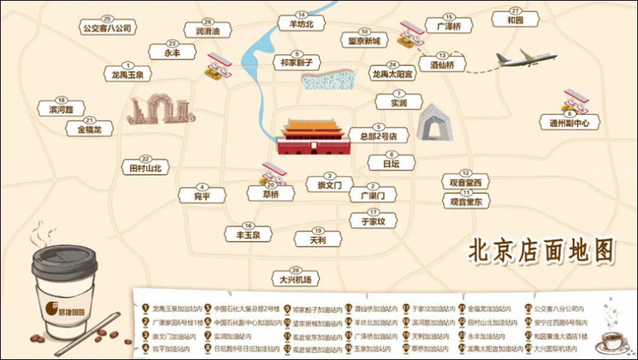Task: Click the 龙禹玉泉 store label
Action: pyautogui.click(x=128, y=75)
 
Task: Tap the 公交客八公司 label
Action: pyautogui.click(x=107, y=28)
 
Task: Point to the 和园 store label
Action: pyautogui.click(x=515, y=20)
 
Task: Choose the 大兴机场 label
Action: pyautogui.click(x=295, y=280)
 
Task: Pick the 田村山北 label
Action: pyautogui.click(x=146, y=169)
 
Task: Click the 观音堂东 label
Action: pyautogui.click(x=465, y=201)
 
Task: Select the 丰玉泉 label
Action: pyautogui.click(x=248, y=235)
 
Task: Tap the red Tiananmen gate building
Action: pyautogui.click(x=313, y=136)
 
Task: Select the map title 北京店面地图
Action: pyautogui.click(x=540, y=250)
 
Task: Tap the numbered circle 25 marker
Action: pyautogui.click(x=107, y=18)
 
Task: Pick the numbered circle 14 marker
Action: pyautogui.click(x=301, y=14)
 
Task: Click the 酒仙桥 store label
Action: pyautogui.click(x=443, y=65)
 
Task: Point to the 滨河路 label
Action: pyautogui.click(x=62, y=109)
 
